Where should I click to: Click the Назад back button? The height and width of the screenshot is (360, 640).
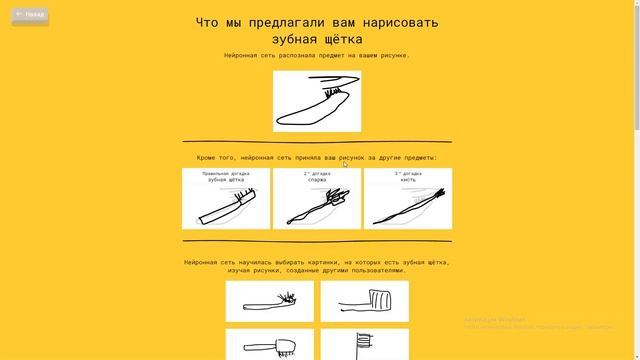click(x=30, y=15)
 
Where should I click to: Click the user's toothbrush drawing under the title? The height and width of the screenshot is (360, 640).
click(x=317, y=100)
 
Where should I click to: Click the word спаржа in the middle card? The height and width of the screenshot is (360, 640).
click(x=317, y=180)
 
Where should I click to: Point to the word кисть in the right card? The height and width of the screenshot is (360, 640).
click(x=408, y=180)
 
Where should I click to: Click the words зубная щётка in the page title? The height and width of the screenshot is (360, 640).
click(x=317, y=39)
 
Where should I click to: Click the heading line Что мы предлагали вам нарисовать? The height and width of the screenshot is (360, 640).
click(x=317, y=22)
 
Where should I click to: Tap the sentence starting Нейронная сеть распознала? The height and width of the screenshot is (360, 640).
click(x=317, y=56)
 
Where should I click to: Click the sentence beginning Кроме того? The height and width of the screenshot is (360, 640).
click(x=317, y=158)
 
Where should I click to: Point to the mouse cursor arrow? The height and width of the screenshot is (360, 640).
click(x=345, y=164)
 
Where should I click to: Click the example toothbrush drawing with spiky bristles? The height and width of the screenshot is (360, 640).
click(x=270, y=301)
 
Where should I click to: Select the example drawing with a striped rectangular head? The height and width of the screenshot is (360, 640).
click(x=364, y=301)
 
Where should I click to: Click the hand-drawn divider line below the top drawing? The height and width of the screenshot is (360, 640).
click(x=317, y=142)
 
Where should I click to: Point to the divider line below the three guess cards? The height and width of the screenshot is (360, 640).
click(x=317, y=240)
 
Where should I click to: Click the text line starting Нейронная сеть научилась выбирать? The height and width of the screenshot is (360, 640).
click(x=317, y=262)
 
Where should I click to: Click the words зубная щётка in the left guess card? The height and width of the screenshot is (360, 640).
click(x=226, y=180)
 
